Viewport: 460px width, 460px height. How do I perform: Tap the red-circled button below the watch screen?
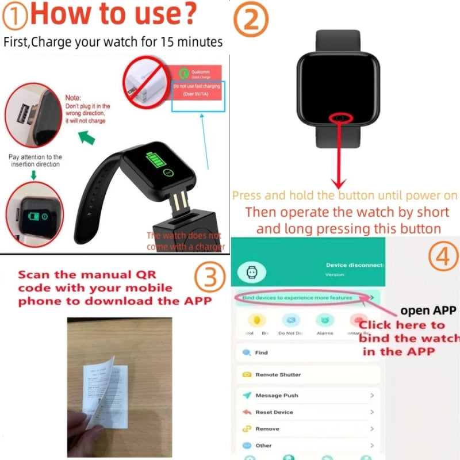tap(342, 117)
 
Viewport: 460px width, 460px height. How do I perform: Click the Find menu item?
tap(261, 352)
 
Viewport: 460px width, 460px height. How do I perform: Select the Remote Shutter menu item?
tap(278, 374)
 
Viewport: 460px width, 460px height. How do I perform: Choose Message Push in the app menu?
tap(276, 396)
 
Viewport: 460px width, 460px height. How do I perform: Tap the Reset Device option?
tap(274, 412)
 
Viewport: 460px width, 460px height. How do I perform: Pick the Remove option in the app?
tap(267, 429)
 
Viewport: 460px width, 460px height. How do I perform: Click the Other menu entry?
tap(263, 446)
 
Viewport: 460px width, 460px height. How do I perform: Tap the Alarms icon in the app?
tap(324, 321)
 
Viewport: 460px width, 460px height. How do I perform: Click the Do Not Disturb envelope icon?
tap(290, 321)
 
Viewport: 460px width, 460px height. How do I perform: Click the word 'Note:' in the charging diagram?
tap(73, 98)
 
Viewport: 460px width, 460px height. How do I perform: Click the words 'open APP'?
tap(428, 311)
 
